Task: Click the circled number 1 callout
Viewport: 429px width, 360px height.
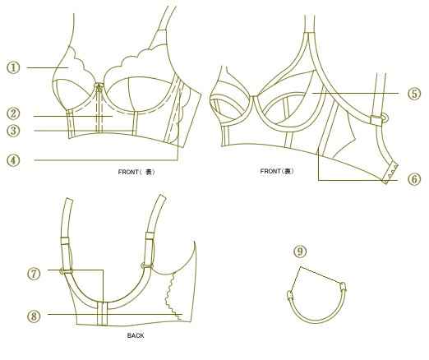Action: tap(13, 67)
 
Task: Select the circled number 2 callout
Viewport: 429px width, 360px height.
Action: tap(13, 113)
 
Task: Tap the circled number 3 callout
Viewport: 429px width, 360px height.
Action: tap(13, 131)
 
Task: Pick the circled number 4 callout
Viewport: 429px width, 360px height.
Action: tap(13, 160)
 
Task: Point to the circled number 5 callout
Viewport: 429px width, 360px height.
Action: tap(414, 94)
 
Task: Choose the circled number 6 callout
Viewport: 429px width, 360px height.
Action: tap(414, 179)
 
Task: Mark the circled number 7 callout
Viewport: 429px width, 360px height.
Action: tap(34, 274)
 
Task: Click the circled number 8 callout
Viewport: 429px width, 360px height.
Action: tap(34, 316)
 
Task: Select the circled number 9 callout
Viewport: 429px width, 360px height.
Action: tap(300, 252)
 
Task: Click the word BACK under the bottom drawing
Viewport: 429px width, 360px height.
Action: tap(136, 335)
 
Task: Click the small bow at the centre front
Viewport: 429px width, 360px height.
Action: tap(99, 86)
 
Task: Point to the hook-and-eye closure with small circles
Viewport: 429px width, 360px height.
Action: tap(390, 174)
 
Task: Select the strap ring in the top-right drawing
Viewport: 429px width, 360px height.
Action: tap(384, 118)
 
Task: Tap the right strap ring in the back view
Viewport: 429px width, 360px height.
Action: tap(147, 265)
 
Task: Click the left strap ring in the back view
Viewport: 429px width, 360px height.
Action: tap(66, 271)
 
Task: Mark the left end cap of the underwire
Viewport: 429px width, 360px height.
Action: tap(290, 296)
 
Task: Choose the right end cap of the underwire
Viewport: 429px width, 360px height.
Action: tap(343, 287)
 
